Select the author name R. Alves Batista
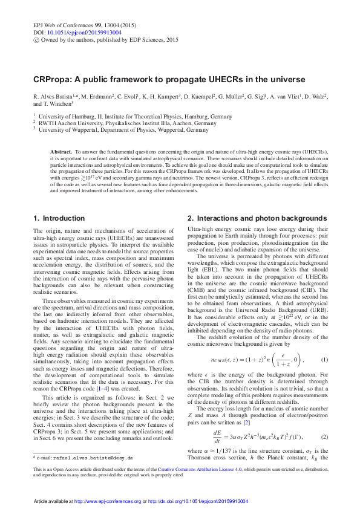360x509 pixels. coord(53,96)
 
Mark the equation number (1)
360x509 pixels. coord(324,361)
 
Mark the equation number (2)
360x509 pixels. coord(324,420)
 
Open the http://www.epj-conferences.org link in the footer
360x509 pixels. coord(106,502)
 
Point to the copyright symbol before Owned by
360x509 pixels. coord(35,40)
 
